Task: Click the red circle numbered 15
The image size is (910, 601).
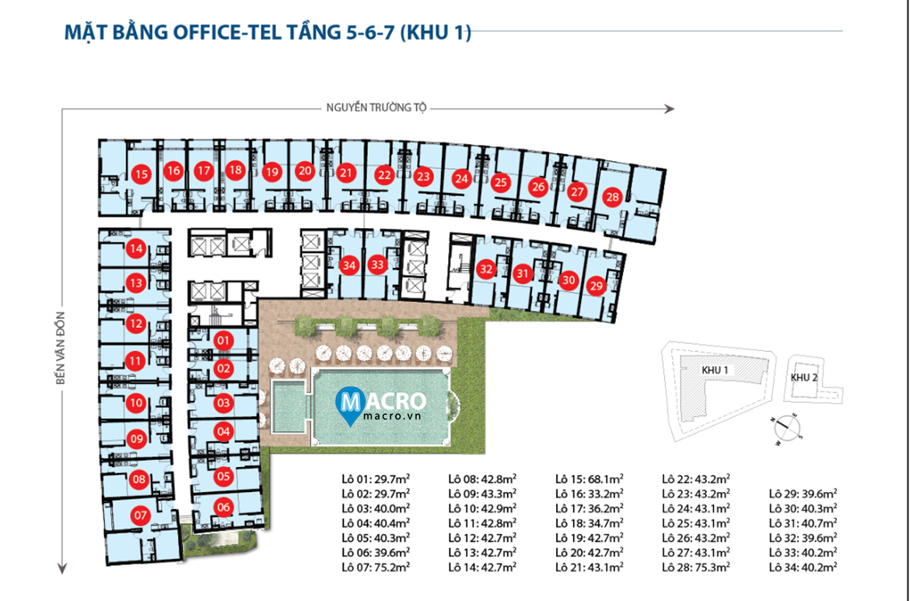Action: click(141, 174)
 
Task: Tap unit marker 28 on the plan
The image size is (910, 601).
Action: click(612, 197)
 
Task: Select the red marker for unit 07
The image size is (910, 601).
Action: click(141, 515)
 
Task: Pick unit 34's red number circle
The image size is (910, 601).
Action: click(348, 265)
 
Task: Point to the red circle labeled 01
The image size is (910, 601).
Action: click(223, 340)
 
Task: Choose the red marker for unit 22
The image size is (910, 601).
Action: click(384, 175)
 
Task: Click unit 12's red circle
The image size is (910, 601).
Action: click(136, 323)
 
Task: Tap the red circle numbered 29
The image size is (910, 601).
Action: click(596, 286)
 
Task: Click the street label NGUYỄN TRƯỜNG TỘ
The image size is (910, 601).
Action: click(376, 108)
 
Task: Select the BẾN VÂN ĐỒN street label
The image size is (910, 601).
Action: click(61, 349)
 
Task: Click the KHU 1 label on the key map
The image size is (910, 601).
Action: click(715, 370)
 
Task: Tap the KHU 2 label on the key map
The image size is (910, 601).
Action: click(803, 378)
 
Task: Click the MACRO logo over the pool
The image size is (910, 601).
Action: click(381, 405)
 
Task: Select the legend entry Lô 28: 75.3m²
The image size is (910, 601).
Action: click(696, 567)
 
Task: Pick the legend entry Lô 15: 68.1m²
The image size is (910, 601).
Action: click(589, 479)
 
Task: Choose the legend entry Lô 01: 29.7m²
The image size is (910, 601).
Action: click(376, 479)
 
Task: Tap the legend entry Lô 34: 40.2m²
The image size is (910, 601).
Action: click(803, 567)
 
